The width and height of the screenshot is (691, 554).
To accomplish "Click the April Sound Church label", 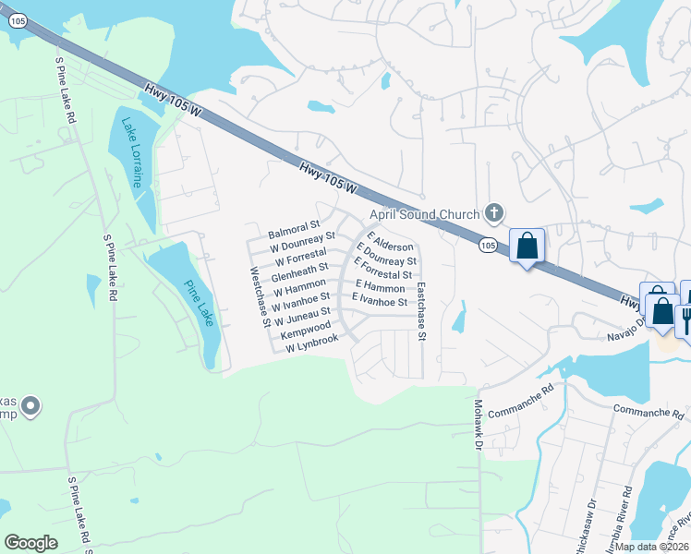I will [x=425, y=214].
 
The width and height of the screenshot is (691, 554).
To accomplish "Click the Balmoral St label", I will [x=293, y=224].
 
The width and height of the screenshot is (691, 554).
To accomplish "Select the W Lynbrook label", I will [x=312, y=343].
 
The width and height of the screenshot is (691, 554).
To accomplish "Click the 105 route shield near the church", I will [x=489, y=246].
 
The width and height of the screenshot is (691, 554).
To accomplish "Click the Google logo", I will [x=30, y=543].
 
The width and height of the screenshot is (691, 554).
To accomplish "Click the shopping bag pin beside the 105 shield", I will [x=527, y=246].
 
